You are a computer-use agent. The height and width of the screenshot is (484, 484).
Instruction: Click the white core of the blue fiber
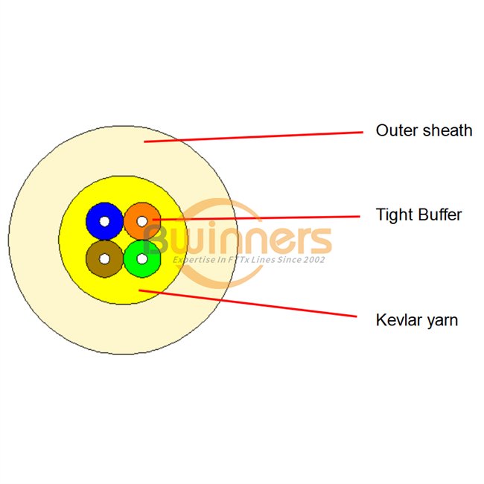tap(104, 221)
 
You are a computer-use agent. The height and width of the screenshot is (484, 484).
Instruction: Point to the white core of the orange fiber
tap(142, 221)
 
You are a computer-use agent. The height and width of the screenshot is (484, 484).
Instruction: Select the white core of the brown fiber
tap(104, 258)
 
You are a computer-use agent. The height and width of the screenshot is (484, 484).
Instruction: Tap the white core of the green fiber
tap(141, 258)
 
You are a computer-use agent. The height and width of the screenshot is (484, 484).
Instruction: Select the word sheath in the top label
tap(448, 131)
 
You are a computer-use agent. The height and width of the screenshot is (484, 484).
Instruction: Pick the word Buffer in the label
tap(439, 216)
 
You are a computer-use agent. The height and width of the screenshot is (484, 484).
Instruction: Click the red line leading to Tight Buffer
tap(261, 218)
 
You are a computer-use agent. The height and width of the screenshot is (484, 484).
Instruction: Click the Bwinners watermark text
tap(238, 240)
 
